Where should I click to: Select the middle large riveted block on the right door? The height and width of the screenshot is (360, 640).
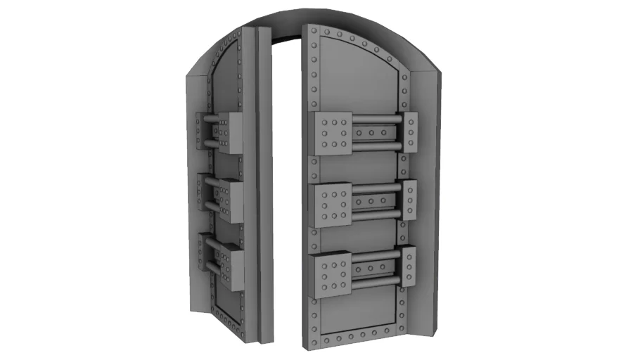(331, 202)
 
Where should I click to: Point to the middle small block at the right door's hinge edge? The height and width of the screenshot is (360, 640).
(410, 200)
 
